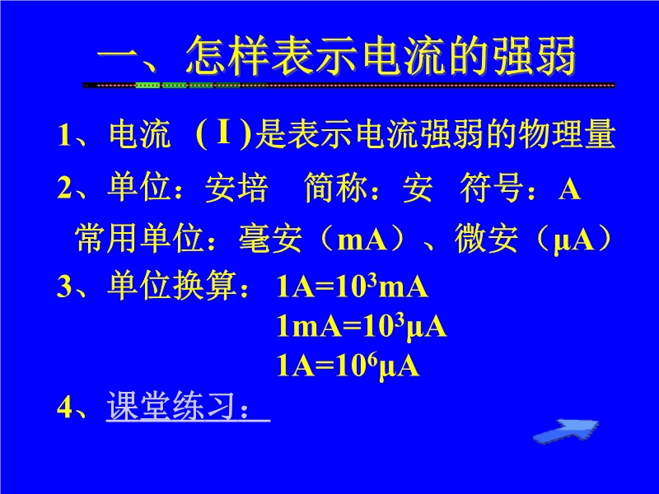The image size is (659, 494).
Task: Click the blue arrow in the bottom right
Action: click(x=566, y=431)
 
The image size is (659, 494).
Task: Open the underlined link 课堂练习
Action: click(x=188, y=406)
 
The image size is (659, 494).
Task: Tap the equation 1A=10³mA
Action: click(x=353, y=287)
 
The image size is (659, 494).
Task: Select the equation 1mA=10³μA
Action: click(x=362, y=326)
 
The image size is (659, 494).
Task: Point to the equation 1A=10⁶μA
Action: click(x=348, y=365)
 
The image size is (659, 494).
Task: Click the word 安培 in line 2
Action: click(x=236, y=188)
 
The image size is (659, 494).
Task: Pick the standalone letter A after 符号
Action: click(x=569, y=189)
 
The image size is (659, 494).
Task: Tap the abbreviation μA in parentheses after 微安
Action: click(x=573, y=241)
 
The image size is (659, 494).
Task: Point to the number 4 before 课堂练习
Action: click(x=65, y=407)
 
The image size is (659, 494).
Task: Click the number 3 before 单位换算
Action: click(x=65, y=287)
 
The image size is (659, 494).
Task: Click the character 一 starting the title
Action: click(x=119, y=55)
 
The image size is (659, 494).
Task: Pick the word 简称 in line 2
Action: click(x=335, y=188)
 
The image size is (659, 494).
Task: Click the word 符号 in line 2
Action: click(x=492, y=188)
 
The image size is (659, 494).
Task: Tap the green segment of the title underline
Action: click(x=187, y=86)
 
